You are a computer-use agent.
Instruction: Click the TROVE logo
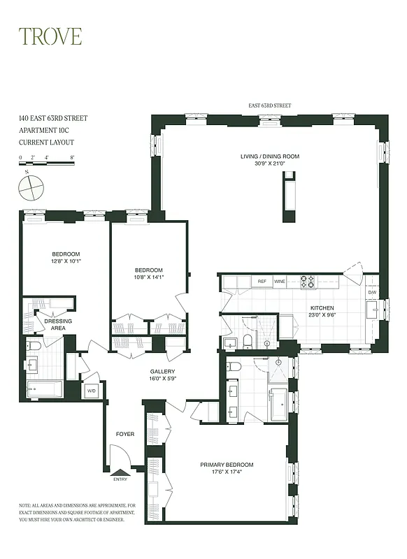50,36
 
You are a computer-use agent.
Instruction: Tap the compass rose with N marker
31,187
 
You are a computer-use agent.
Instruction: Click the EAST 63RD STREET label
270,106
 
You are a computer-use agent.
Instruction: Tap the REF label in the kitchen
262,282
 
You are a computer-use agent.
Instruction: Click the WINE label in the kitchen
280,282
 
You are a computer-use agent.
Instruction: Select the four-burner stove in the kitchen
307,282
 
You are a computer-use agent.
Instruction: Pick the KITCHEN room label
322,308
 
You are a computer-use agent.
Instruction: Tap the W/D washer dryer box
91,391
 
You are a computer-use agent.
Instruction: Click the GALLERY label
162,372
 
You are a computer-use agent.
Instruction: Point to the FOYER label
124,435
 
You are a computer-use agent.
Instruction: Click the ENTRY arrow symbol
120,472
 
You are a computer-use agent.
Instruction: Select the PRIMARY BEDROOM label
227,465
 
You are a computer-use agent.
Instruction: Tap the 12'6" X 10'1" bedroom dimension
66,262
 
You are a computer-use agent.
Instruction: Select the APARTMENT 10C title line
45,130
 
